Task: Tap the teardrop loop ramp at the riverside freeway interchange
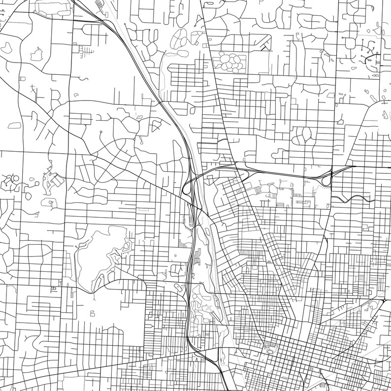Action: (187, 187)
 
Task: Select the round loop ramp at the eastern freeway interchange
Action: (326, 180)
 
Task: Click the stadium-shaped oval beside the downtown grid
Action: (270, 348)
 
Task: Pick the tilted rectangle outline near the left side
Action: (56, 181)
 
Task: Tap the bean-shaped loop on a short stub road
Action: (304, 133)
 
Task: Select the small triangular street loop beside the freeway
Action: (157, 126)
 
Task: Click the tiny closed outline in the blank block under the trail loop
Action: (92, 312)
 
